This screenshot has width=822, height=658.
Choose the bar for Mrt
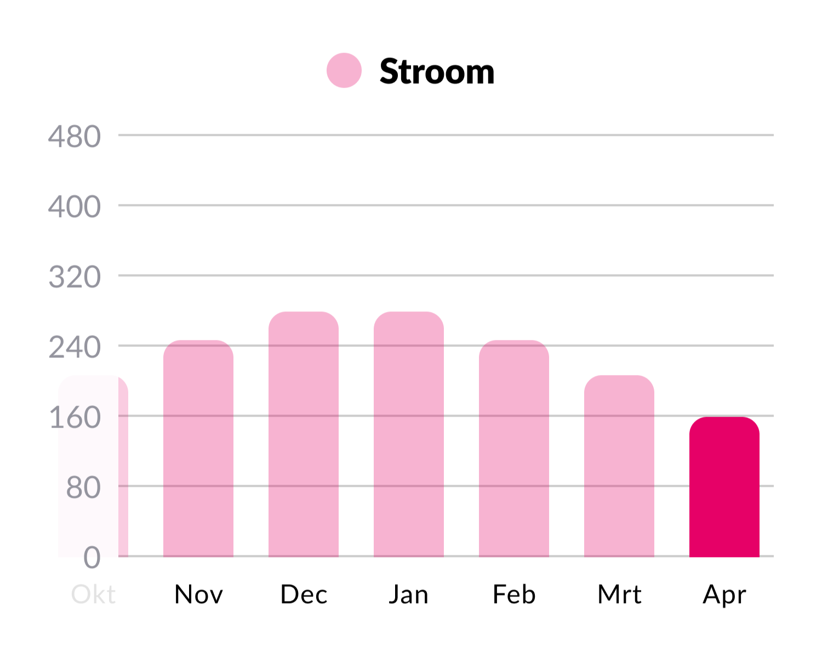coord(619,466)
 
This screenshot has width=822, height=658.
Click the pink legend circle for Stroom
coord(344,71)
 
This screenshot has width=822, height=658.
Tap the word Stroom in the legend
coord(437,72)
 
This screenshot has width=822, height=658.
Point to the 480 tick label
coord(75,137)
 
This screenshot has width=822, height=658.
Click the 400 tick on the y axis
coord(75,207)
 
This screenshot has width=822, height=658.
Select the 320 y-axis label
coord(75,277)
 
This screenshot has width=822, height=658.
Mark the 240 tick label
coord(75,347)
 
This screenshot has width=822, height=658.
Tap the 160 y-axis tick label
coord(75,417)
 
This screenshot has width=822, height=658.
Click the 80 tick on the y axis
coord(83,487)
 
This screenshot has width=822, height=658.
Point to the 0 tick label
coord(92,558)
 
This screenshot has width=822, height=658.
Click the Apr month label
coord(724,594)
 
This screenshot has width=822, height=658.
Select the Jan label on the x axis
coord(409,594)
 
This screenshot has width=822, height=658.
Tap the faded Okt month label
coord(94,594)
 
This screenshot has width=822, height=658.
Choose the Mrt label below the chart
coord(619,594)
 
